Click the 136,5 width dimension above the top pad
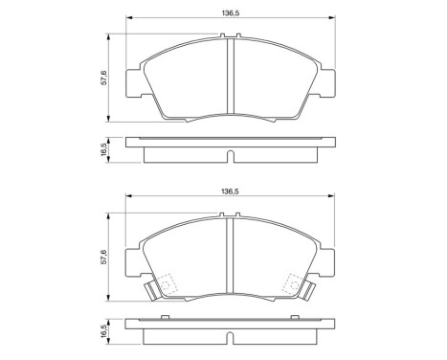pos(229,12)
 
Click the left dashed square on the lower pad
pos(165,284)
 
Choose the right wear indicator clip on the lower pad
pos(308,291)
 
